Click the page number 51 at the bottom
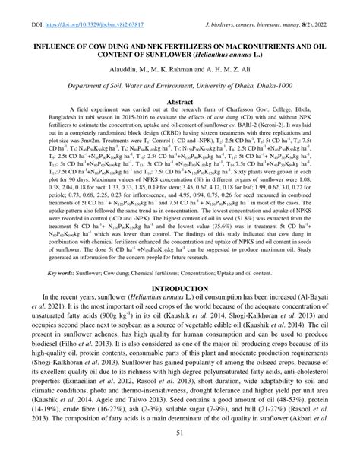pos(179,453)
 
